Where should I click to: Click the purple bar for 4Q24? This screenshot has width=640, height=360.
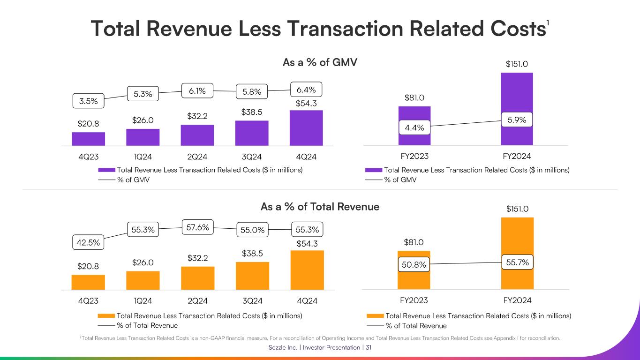pyautogui.click(x=306, y=128)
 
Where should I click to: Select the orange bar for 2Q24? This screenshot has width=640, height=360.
pyautogui.click(x=197, y=278)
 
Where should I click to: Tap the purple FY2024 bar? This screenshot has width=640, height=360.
pyautogui.click(x=517, y=94)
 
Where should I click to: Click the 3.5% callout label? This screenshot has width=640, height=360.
pyautogui.click(x=89, y=101)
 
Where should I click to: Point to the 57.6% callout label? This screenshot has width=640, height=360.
pyautogui.click(x=197, y=228)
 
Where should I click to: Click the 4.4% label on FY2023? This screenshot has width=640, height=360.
pyautogui.click(x=414, y=127)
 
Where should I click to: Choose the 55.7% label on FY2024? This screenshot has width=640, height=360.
pyautogui.click(x=518, y=263)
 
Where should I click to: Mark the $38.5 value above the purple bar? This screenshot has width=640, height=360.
pyautogui.click(x=252, y=112)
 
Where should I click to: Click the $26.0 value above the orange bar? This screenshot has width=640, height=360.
pyautogui.click(x=143, y=263)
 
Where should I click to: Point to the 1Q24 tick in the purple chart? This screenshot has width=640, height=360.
pyautogui.click(x=143, y=157)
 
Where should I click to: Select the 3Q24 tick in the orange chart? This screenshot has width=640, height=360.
pyautogui.click(x=252, y=300)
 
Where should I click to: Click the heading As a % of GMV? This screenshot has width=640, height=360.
pyautogui.click(x=320, y=62)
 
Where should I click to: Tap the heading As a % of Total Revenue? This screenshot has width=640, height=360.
pyautogui.click(x=320, y=207)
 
